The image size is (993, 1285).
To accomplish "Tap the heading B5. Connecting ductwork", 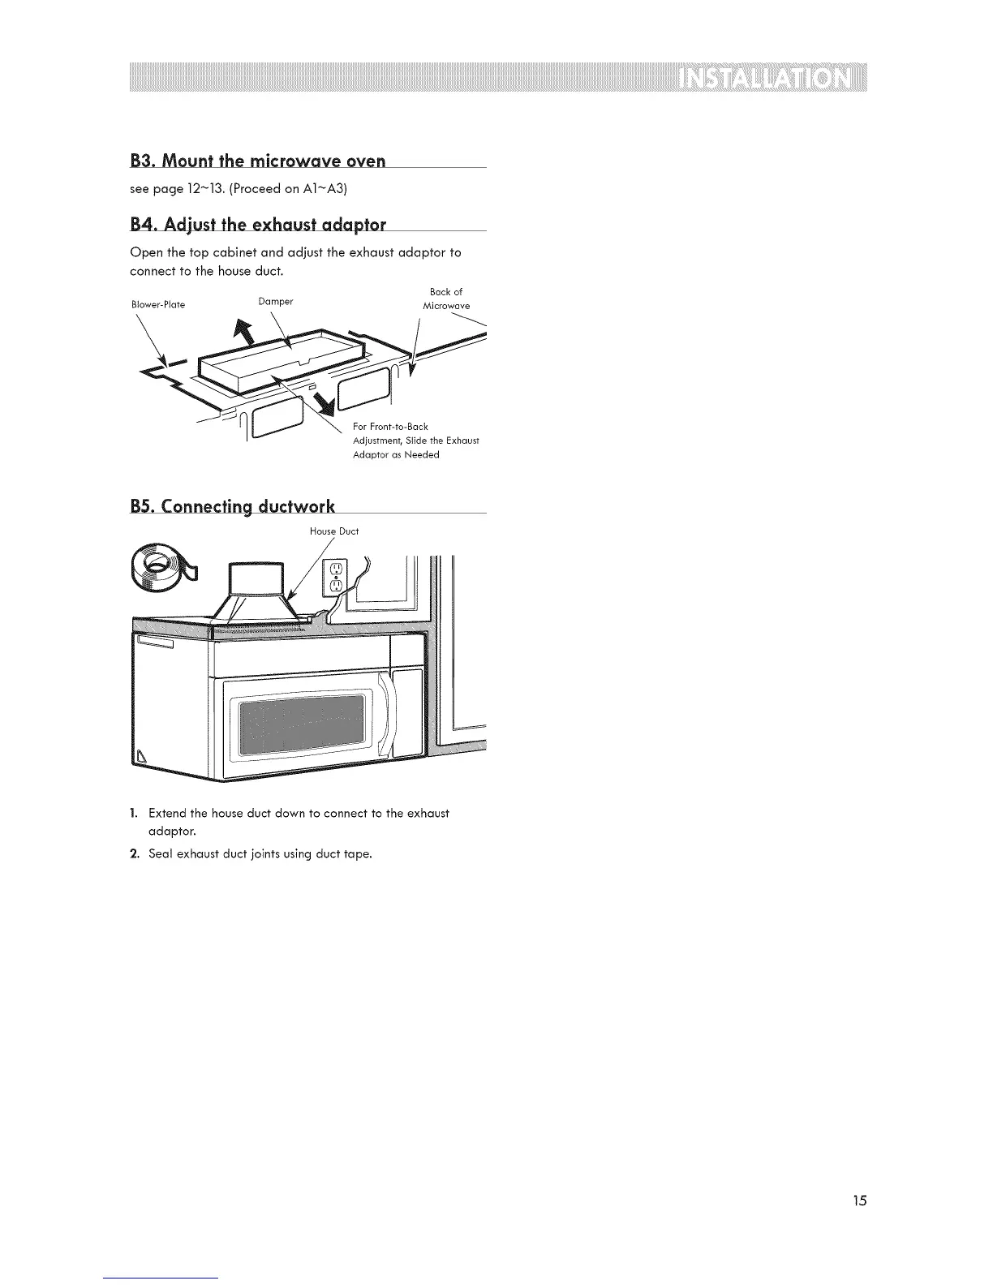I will point(232,506).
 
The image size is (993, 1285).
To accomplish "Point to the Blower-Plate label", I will point(158,305).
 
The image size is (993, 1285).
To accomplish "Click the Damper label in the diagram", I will point(275,302).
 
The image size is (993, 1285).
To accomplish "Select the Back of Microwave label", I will point(446,299).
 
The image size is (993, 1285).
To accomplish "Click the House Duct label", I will point(334,531).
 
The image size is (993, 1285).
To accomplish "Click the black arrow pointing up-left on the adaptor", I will point(243,330).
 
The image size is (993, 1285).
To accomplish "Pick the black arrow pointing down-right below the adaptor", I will point(324,401).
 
